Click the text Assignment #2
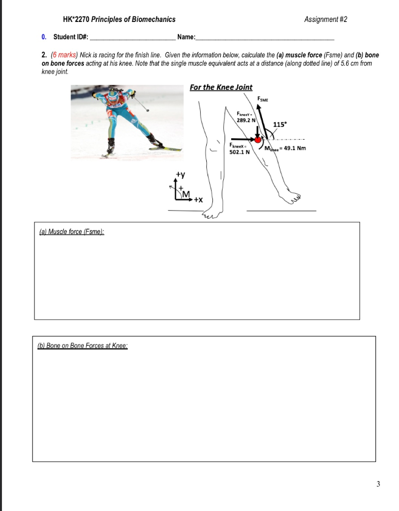tap(325, 19)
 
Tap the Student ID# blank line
tap(133, 38)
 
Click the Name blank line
tap(265, 38)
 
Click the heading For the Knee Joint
tap(221, 87)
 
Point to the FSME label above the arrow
tap(263, 99)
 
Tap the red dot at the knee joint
tap(258, 140)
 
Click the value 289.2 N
tap(246, 120)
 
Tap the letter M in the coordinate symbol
tap(186, 194)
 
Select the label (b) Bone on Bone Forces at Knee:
tap(83, 345)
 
